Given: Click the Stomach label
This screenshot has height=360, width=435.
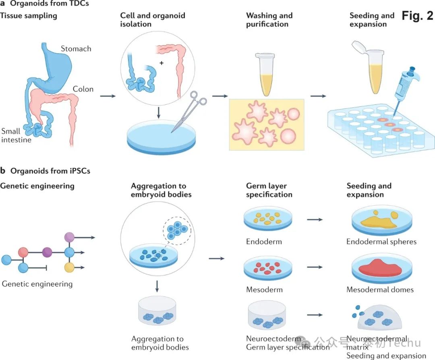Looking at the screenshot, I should (x=76, y=49).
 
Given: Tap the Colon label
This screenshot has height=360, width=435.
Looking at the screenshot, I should (x=83, y=89).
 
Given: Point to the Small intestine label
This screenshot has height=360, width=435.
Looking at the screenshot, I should (x=16, y=135).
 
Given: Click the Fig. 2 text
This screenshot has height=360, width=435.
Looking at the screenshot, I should (x=417, y=16).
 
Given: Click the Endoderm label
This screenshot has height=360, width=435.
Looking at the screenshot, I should (x=264, y=242).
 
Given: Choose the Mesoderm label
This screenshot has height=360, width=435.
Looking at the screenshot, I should (x=264, y=290).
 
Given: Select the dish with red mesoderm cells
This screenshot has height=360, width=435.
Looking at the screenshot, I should (x=268, y=269).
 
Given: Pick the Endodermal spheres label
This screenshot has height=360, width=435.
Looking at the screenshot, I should (x=381, y=242).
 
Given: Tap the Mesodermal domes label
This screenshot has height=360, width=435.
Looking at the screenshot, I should (x=380, y=290).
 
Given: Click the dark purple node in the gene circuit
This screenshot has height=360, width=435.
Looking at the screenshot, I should (x=47, y=252).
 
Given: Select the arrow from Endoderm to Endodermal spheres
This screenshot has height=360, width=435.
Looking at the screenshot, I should (x=315, y=220).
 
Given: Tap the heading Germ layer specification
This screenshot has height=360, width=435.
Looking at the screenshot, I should (x=269, y=190).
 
